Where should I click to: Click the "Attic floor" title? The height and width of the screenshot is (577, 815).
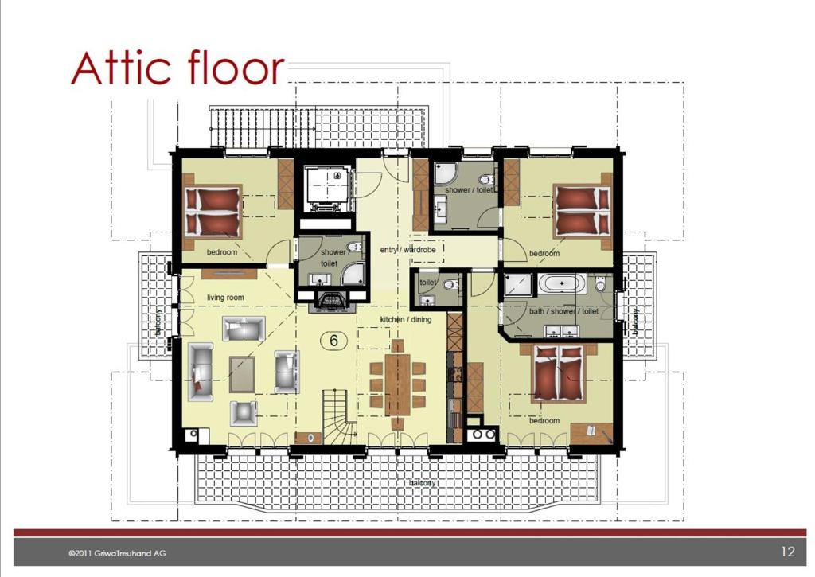pyautogui.click(x=177, y=68)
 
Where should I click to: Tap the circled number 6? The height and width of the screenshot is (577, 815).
pyautogui.click(x=333, y=341)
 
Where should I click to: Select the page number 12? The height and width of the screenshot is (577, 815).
pyautogui.click(x=788, y=552)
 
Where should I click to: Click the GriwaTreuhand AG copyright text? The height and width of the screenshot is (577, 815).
pyautogui.click(x=118, y=553)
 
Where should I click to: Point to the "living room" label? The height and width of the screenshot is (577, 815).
pyautogui.click(x=225, y=298)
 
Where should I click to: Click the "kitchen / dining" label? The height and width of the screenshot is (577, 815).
pyautogui.click(x=406, y=319)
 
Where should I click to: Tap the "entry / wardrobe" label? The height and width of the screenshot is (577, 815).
pyautogui.click(x=408, y=250)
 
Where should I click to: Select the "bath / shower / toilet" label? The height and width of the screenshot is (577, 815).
pyautogui.click(x=564, y=311)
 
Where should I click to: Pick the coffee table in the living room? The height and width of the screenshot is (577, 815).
pyautogui.click(x=242, y=374)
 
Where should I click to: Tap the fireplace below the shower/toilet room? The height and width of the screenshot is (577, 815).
pyautogui.click(x=332, y=301)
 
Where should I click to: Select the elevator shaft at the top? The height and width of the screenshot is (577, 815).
pyautogui.click(x=327, y=189)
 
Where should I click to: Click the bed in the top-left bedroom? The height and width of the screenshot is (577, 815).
pyautogui.click(x=213, y=211)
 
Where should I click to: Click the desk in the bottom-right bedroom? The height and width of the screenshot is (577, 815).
pyautogui.click(x=591, y=433)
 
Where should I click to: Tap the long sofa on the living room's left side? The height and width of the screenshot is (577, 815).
pyautogui.click(x=201, y=372)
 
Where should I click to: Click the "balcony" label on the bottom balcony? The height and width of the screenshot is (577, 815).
pyautogui.click(x=422, y=483)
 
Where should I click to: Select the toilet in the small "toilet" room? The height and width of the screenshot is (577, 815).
pyautogui.click(x=450, y=284)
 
